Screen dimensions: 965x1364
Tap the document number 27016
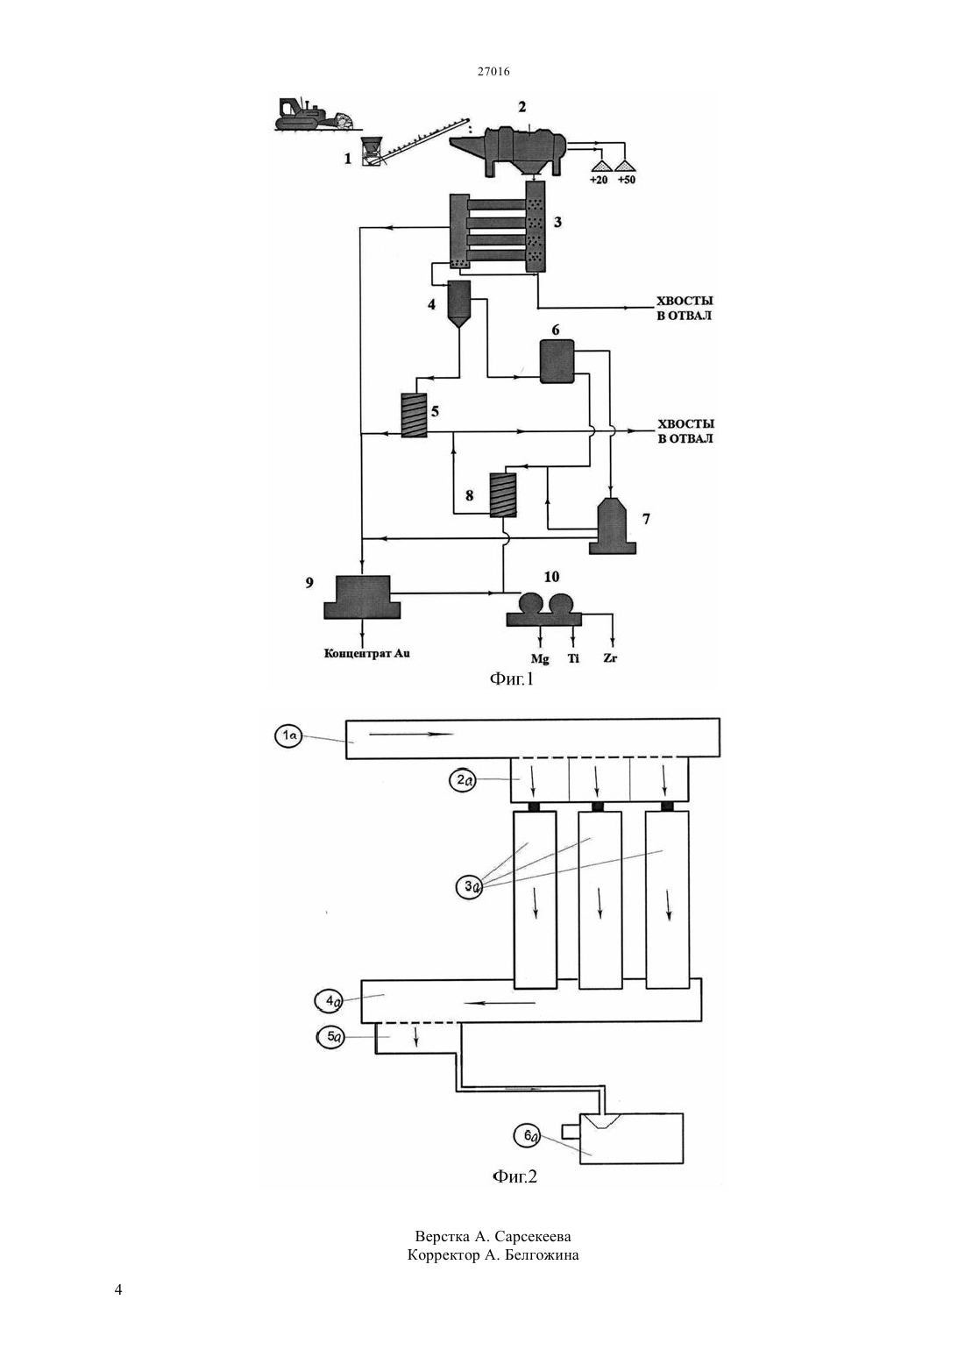coord(493,72)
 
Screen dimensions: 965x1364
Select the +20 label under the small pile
coord(600,181)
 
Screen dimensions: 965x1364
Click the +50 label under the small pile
coord(626,181)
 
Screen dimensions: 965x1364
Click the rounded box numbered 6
coord(557,360)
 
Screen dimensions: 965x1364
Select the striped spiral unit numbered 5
coord(414,415)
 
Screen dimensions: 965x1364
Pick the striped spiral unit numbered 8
coord(503,495)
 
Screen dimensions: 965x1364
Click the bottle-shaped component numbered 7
coord(613,527)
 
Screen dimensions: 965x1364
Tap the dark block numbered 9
coord(362,597)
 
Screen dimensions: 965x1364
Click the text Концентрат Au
coord(366,654)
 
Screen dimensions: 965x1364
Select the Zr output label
coord(611,658)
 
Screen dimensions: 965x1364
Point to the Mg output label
coord(540,659)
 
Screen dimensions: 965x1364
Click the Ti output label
coord(573,658)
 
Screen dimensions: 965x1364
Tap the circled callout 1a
coord(288,736)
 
